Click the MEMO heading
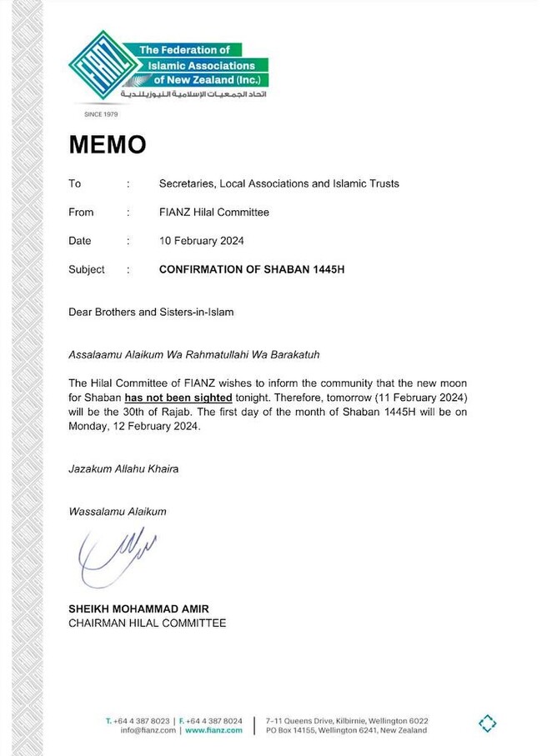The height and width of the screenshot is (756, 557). pyautogui.click(x=107, y=144)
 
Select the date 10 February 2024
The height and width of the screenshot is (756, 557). pyautogui.click(x=202, y=241)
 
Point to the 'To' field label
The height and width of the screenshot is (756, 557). pyautogui.click(x=75, y=183)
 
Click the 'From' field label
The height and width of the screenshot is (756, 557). pyautogui.click(x=81, y=213)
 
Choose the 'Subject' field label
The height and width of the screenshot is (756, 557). pyautogui.click(x=87, y=269)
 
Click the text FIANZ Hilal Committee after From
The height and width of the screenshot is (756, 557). pyautogui.click(x=214, y=213)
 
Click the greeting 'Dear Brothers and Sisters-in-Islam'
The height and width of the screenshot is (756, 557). pyautogui.click(x=151, y=313)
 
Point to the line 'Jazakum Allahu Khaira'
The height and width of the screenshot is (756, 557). pyautogui.click(x=123, y=468)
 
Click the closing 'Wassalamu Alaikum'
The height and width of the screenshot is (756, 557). pyautogui.click(x=118, y=511)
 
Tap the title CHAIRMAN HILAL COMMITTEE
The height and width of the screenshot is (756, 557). pyautogui.click(x=147, y=623)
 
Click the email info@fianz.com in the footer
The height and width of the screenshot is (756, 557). pyautogui.click(x=148, y=730)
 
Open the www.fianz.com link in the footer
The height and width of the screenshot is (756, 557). pyautogui.click(x=213, y=730)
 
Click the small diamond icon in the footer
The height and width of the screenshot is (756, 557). pyautogui.click(x=488, y=723)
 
